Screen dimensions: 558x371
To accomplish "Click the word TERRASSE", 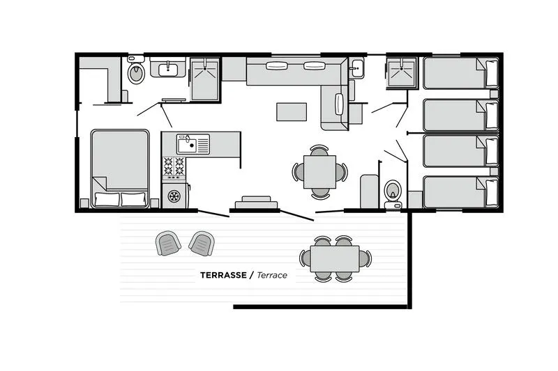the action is [223, 275].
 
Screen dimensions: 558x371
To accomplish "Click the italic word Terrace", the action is [272, 275].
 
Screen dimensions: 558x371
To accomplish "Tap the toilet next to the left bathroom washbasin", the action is [136, 70].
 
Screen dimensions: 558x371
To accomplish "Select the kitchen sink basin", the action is [187, 144].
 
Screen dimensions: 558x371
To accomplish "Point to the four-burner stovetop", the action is [174, 166].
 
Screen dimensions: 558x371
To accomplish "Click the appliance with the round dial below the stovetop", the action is [174, 196].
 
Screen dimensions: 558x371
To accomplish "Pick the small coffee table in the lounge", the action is [292, 112].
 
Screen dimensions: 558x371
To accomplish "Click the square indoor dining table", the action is [319, 172].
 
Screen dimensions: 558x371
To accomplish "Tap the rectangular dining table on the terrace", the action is [335, 259].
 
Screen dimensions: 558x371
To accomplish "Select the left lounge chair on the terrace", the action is [168, 243].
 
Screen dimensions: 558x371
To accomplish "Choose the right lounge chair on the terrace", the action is [202, 243].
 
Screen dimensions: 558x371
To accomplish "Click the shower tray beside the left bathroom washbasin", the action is [204, 79].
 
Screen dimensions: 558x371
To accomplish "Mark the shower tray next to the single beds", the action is [402, 72].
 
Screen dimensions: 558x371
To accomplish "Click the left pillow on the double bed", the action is [107, 199].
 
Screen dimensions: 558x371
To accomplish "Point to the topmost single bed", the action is [461, 73].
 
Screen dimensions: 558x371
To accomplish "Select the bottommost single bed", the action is [461, 192].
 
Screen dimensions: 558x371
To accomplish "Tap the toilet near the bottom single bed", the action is [393, 194].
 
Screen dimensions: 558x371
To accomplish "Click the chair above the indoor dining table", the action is [319, 150].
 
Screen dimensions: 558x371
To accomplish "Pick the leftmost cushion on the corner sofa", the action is [277, 65].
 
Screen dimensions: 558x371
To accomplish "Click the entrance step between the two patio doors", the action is [256, 203].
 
